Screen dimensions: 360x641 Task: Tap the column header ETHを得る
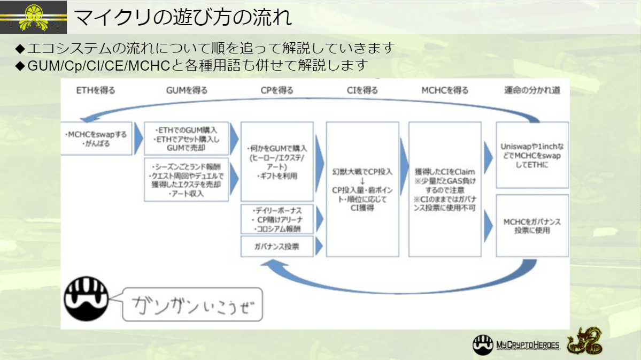[96, 90]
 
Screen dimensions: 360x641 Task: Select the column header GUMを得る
[187, 90]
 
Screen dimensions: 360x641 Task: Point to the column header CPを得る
[276, 90]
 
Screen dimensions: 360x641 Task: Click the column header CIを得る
[362, 90]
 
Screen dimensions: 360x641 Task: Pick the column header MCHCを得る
[445, 90]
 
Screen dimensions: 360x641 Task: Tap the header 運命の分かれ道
[532, 90]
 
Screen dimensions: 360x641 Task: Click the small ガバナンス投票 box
[276, 247]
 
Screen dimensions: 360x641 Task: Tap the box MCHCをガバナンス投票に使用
[532, 226]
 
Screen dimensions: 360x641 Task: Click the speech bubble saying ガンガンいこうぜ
[192, 305]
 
